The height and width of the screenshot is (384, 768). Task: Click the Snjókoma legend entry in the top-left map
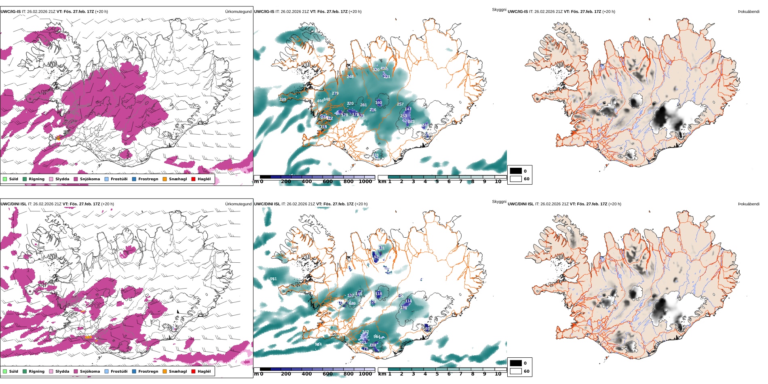(90, 179)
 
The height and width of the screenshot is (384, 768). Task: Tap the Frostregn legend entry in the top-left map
(148, 179)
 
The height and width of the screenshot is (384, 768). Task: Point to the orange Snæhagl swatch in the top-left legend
(165, 179)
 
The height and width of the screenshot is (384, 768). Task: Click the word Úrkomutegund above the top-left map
(238, 12)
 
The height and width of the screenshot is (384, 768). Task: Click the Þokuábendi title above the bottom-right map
(749, 204)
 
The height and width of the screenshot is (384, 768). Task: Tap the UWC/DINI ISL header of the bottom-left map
(13, 204)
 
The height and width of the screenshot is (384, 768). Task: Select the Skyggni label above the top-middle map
(499, 9)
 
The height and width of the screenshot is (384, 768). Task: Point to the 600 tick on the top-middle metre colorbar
(328, 181)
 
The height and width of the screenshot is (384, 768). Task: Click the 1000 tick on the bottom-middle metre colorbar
(365, 374)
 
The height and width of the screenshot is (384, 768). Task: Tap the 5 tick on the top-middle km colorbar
(437, 181)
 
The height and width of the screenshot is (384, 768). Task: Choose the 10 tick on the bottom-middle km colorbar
(498, 374)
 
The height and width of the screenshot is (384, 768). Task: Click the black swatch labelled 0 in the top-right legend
(516, 171)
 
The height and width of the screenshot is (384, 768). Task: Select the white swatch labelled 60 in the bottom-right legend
(516, 371)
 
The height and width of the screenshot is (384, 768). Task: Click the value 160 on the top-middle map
(378, 103)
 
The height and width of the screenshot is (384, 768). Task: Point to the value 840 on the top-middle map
(327, 99)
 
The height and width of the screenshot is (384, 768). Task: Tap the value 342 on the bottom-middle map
(365, 332)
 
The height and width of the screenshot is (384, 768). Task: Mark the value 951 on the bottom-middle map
(274, 279)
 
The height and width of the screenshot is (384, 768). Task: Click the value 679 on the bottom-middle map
(352, 304)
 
